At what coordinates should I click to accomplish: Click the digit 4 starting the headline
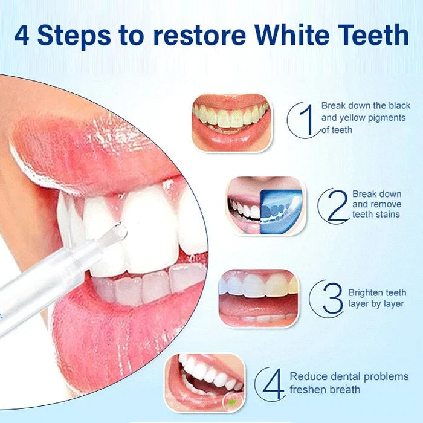[22, 35]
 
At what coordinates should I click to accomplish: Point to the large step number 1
[307, 119]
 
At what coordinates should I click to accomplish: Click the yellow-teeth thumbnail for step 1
[231, 122]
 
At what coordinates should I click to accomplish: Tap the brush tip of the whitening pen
[116, 230]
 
